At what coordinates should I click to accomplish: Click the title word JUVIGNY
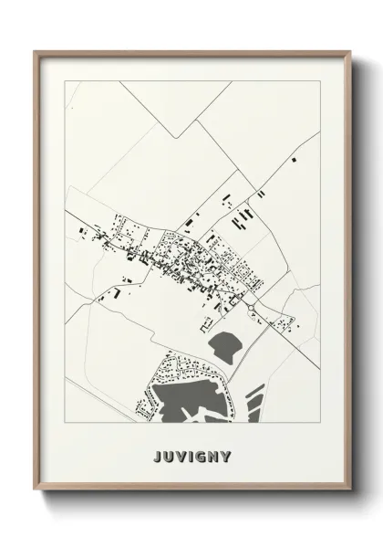tap(192, 455)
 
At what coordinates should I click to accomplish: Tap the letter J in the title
tap(158, 455)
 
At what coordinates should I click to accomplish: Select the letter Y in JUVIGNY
tap(227, 455)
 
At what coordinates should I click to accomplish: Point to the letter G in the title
tap(198, 455)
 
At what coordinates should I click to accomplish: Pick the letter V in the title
tap(181, 455)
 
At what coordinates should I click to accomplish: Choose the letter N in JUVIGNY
tap(212, 455)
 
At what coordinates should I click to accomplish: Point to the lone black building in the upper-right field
tap(294, 159)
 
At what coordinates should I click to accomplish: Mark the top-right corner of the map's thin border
tap(320, 80)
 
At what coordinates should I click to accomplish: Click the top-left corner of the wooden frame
tap(34, 50)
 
